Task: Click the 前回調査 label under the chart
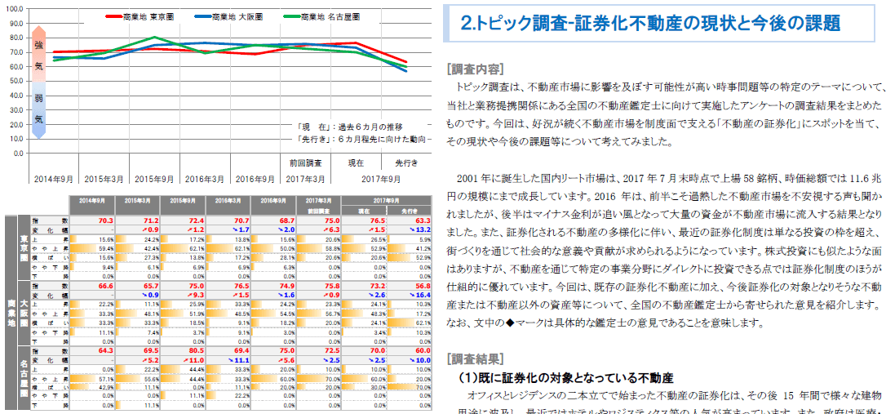coord(307,163)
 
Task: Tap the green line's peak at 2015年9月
coord(156,38)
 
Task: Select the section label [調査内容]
coord(476,69)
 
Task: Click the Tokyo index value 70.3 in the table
coord(105,220)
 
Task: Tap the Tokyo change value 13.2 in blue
coord(417,229)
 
